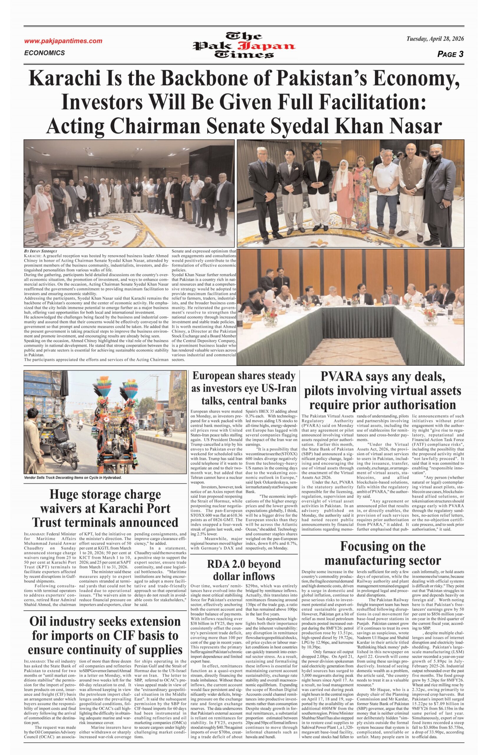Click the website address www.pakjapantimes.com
pos(63,41)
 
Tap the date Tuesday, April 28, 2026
pos(435,39)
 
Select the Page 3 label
pos(450,54)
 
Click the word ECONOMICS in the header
pos(44,53)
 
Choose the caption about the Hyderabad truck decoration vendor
pos(72,477)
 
